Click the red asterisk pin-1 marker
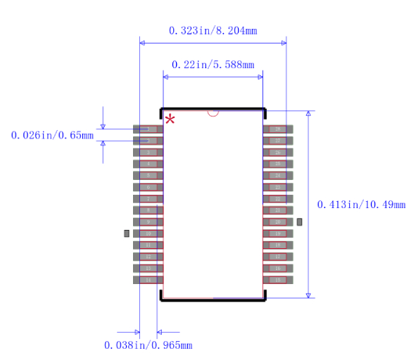click(170, 120)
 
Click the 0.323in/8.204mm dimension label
click(213, 30)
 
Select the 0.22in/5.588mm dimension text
click(213, 64)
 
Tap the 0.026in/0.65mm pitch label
click(52, 135)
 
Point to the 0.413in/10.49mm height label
click(361, 205)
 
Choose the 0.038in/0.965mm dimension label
click(148, 345)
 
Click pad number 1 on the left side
click(148, 129)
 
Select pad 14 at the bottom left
click(148, 280)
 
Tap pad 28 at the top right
click(278, 129)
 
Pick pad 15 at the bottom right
click(278, 280)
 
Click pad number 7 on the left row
click(148, 199)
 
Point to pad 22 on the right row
click(278, 199)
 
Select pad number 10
click(148, 233)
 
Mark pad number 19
click(278, 233)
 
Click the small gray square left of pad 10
click(127, 233)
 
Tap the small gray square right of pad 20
click(299, 222)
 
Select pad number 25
click(278, 164)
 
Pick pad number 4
click(148, 164)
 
